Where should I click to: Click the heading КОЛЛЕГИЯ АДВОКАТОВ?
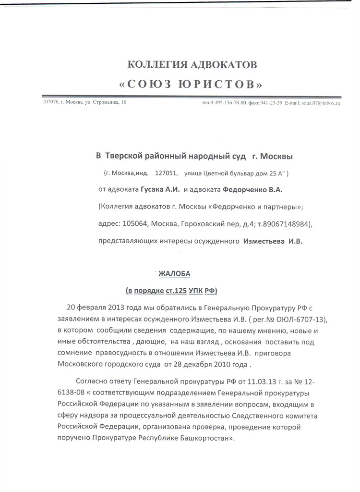click(x=192, y=64)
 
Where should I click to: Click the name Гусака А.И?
click(x=160, y=189)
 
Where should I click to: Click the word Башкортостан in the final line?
click(x=202, y=438)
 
